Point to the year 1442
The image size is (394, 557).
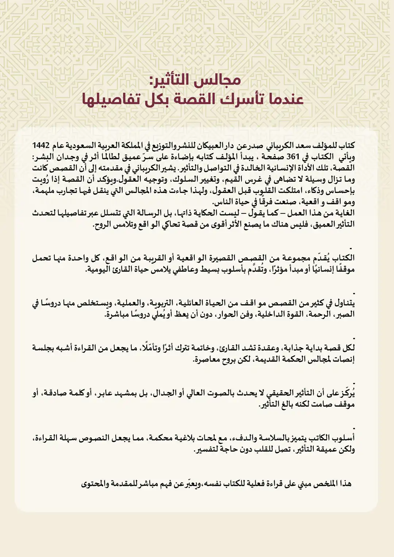click(41, 146)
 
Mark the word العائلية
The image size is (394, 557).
click(197, 303)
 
